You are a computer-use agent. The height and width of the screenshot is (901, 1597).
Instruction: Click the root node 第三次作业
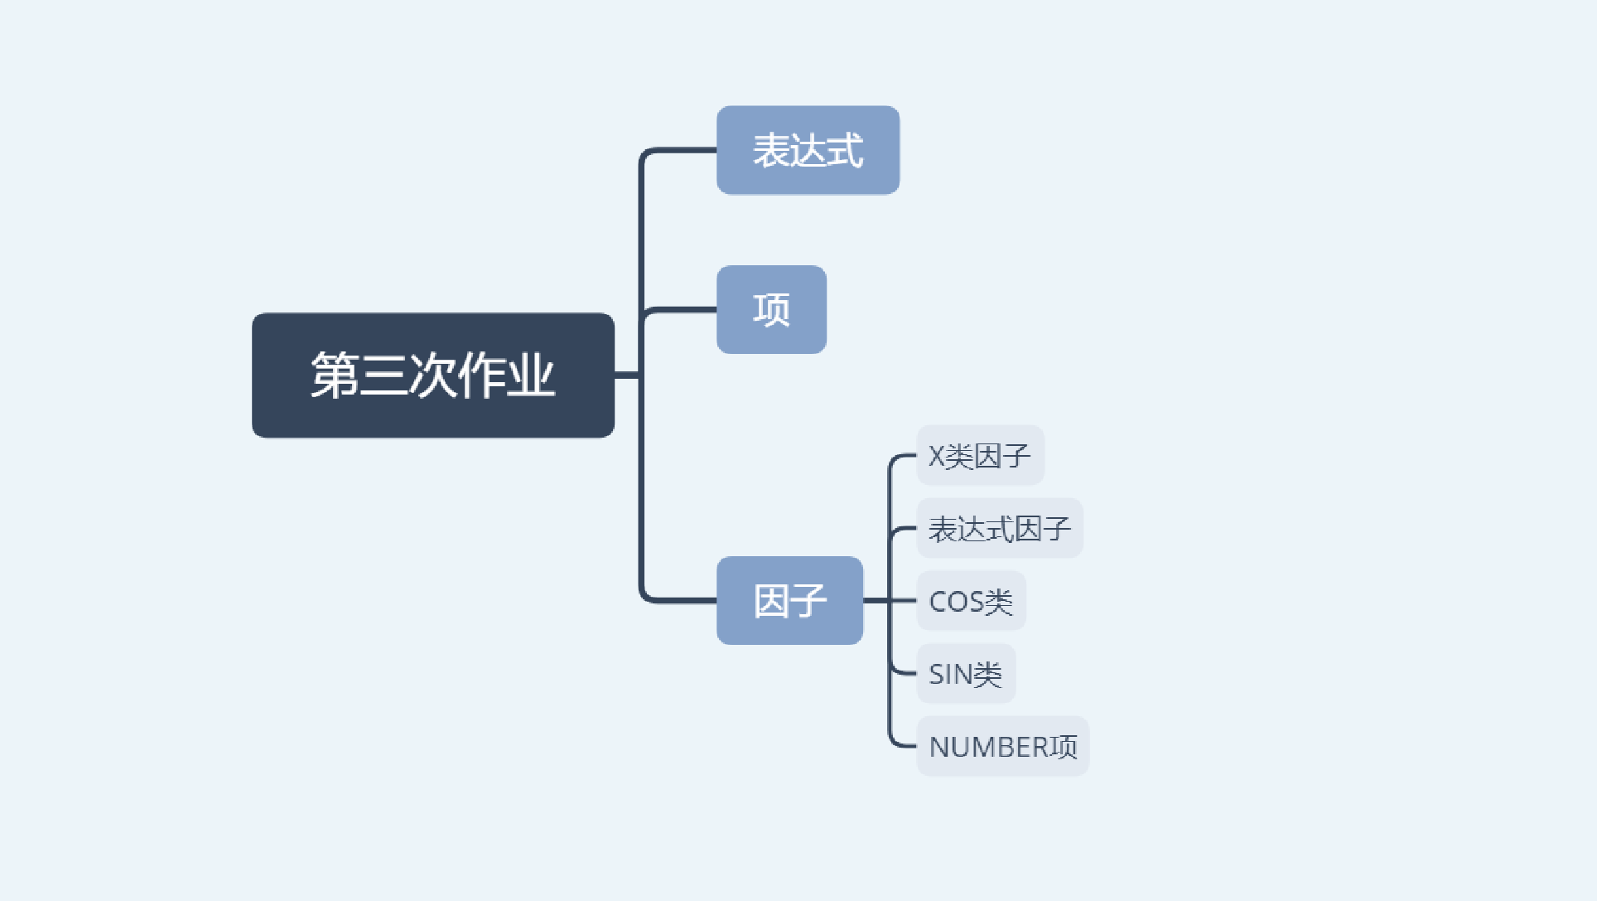pyautogui.click(x=432, y=375)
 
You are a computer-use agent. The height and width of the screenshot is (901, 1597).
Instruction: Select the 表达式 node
pyautogui.click(x=808, y=150)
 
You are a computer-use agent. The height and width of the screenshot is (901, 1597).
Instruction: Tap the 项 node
pyautogui.click(x=771, y=309)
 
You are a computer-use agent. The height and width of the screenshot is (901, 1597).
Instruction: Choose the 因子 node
pyautogui.click(x=789, y=600)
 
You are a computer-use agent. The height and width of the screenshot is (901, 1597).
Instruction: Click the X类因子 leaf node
pyautogui.click(x=980, y=456)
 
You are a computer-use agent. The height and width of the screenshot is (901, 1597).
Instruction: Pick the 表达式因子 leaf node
pyautogui.click(x=999, y=528)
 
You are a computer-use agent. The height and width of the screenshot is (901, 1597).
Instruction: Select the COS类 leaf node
pyautogui.click(x=971, y=601)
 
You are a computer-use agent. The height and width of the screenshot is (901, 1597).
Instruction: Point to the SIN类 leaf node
pyautogui.click(x=965, y=674)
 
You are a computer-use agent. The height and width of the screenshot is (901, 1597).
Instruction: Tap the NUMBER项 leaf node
pyautogui.click(x=1002, y=746)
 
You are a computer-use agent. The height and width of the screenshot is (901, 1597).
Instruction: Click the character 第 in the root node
pyautogui.click(x=335, y=375)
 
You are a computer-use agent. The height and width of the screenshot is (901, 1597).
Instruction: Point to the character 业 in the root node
pyautogui.click(x=531, y=375)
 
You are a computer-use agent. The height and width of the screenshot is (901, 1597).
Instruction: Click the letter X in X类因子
pyautogui.click(x=936, y=456)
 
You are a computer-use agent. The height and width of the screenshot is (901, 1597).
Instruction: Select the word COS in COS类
pyautogui.click(x=956, y=602)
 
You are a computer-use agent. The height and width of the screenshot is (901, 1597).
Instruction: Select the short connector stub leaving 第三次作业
pyautogui.click(x=626, y=375)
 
